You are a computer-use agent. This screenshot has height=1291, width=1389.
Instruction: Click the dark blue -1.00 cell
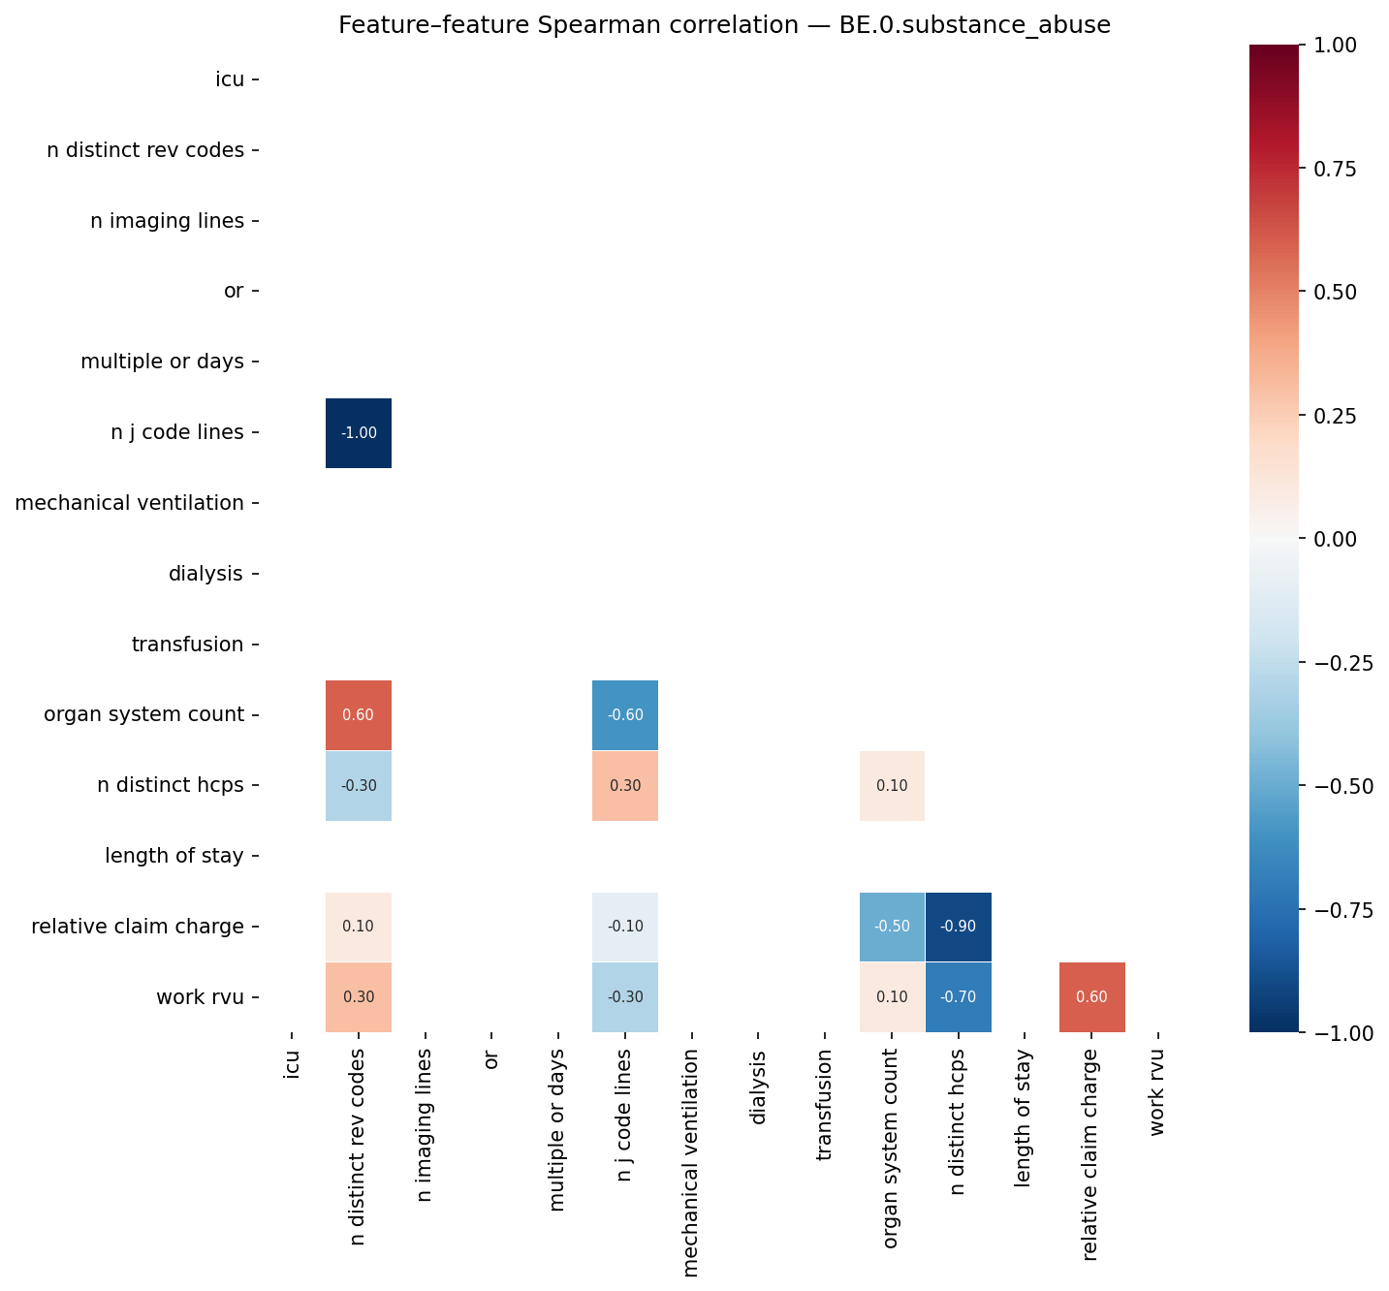point(359,433)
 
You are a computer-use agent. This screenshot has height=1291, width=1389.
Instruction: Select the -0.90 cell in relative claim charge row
point(959,927)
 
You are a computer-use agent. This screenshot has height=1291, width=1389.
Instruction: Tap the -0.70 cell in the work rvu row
point(959,997)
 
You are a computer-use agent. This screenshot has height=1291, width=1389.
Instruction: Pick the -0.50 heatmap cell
point(892,927)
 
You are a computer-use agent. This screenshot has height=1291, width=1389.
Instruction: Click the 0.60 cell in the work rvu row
point(1091,997)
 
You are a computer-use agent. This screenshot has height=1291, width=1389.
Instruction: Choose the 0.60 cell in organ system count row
point(359,715)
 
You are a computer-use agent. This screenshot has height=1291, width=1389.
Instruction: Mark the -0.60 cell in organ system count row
point(625,715)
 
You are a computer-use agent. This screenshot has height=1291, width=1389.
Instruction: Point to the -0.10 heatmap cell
point(625,927)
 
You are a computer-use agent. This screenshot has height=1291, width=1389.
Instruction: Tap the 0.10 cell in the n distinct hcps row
point(892,786)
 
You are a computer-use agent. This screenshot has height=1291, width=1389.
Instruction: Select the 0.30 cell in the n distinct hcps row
point(625,786)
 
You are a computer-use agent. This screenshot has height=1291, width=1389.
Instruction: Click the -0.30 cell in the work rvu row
point(625,997)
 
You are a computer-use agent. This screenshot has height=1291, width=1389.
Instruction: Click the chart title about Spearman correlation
point(724,25)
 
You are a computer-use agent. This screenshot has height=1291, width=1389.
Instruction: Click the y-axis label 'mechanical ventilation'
point(130,503)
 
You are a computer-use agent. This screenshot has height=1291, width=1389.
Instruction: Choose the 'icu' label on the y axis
point(230,79)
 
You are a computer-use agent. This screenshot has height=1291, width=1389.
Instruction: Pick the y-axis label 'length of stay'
point(174,856)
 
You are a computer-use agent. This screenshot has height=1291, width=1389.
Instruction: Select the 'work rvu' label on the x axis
point(1157,1092)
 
